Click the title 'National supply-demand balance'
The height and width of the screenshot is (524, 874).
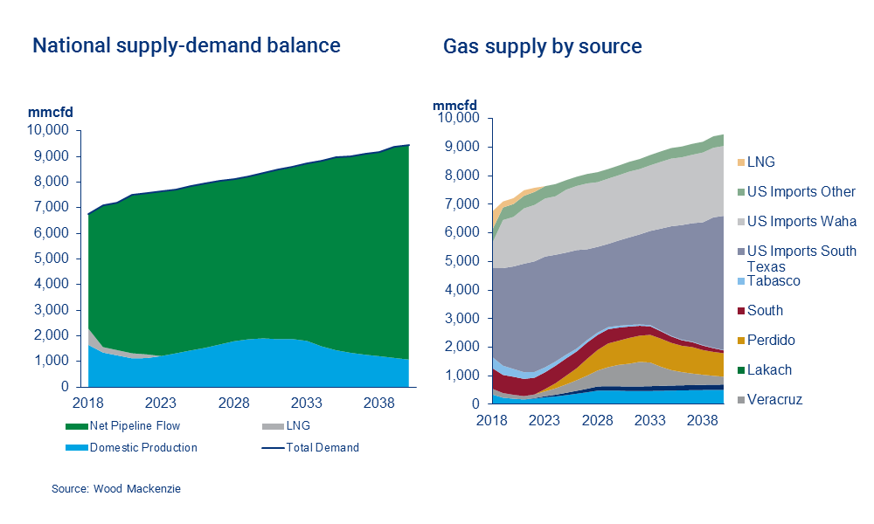coord(186,45)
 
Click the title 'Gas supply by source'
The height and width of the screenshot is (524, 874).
coord(542,46)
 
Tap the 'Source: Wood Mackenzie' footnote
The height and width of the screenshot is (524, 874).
coord(115,489)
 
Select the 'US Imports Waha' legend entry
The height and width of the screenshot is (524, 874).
coord(801,222)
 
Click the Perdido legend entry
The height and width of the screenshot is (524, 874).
coord(771,341)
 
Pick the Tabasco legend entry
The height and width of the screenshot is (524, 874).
coord(773,281)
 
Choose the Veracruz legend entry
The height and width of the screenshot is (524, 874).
coord(774,400)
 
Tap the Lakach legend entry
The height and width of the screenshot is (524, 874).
coord(769,370)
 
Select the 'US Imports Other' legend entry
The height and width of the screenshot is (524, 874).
coord(801,192)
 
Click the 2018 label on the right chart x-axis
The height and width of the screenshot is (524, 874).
coord(492,419)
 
